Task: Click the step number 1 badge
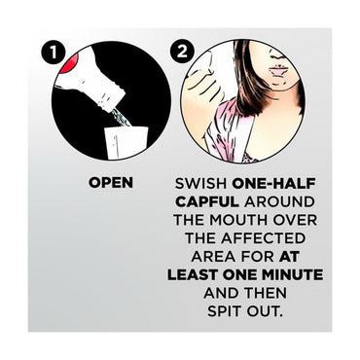(54, 52)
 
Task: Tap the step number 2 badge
(182, 51)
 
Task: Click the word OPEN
(111, 183)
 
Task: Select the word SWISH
(200, 183)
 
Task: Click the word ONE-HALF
(274, 183)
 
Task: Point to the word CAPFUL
(207, 201)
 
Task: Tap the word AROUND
(279, 201)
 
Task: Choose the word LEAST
(193, 275)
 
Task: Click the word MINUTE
(293, 275)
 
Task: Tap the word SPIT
(225, 311)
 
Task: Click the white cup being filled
(126, 142)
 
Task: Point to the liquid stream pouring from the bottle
(121, 118)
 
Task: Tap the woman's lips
(276, 70)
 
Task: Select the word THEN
(266, 294)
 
